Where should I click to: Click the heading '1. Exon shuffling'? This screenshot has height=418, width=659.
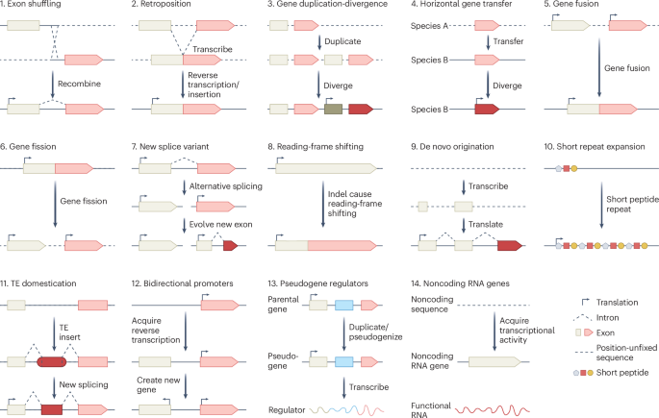point(37,7)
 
